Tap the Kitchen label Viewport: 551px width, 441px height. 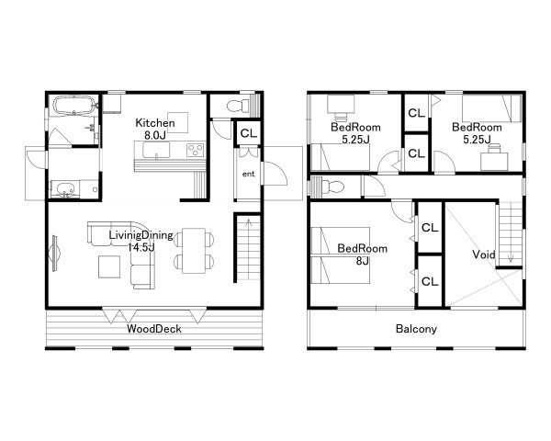[x=155, y=123]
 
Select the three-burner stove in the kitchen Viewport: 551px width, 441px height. [x=196, y=150]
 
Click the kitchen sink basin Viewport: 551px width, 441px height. [x=156, y=150]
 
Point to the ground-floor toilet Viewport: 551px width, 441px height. [x=238, y=105]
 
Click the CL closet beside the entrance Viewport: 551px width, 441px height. [x=249, y=133]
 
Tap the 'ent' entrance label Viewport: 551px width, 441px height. [x=249, y=174]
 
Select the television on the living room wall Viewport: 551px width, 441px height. [x=55, y=254]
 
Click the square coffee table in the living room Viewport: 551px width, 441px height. [x=109, y=266]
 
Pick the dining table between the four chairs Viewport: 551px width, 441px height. [x=194, y=251]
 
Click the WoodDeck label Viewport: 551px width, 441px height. [x=154, y=329]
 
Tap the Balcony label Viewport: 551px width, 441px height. [x=416, y=329]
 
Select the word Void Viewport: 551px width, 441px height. [x=484, y=254]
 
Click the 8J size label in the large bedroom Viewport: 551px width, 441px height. [x=362, y=261]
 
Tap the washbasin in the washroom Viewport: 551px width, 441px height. [x=64, y=189]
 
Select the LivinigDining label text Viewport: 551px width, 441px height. [x=141, y=234]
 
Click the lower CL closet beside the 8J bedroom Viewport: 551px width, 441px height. [x=430, y=281]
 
